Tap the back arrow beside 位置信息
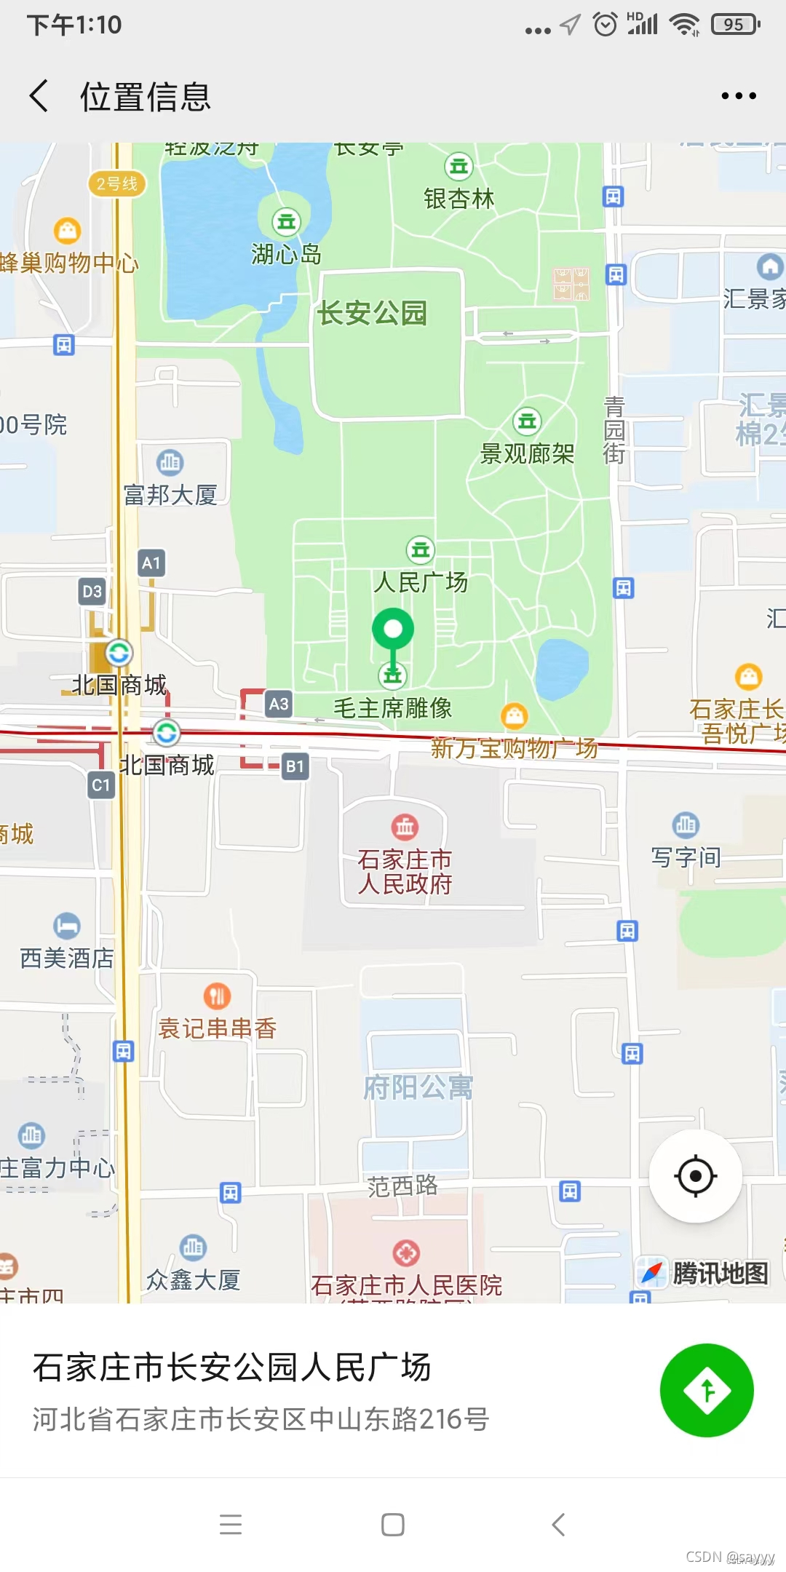(39, 96)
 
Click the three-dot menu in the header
(739, 96)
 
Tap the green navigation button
(706, 1390)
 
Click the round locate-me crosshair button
(695, 1175)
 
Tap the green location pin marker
(393, 630)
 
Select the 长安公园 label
(372, 313)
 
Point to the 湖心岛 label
(286, 254)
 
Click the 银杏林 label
(459, 198)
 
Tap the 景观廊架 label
(527, 453)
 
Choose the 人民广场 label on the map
(421, 581)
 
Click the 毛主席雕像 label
(393, 707)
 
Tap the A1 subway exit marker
(151, 563)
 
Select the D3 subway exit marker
(92, 591)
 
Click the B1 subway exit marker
(295, 766)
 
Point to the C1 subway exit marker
(101, 785)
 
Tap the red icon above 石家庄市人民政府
(405, 826)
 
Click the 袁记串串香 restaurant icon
(217, 996)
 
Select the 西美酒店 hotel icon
(67, 926)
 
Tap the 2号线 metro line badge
(116, 183)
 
